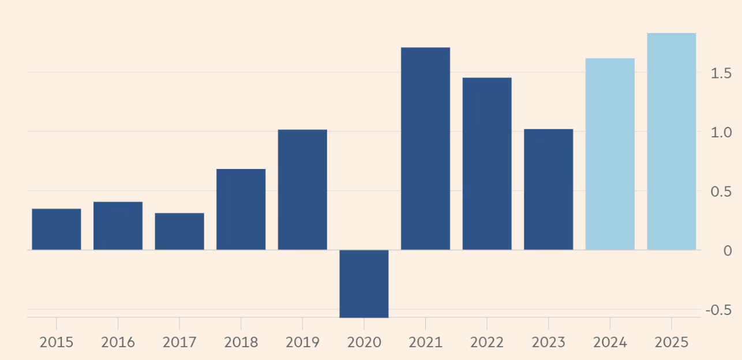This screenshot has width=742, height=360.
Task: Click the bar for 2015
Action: pyautogui.click(x=56, y=229)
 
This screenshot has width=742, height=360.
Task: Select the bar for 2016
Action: pyautogui.click(x=118, y=226)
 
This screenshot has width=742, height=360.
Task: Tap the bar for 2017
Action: pyautogui.click(x=179, y=231)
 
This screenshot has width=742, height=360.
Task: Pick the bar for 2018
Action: pyautogui.click(x=241, y=209)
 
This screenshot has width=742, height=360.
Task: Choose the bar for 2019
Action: pyautogui.click(x=302, y=189)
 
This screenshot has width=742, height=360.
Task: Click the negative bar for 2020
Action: pyautogui.click(x=363, y=283)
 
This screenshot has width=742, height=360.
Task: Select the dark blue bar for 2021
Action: pyautogui.click(x=425, y=148)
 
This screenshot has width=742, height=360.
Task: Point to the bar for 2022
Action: pyautogui.click(x=486, y=163)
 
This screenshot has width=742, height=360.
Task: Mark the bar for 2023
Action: pyautogui.click(x=548, y=189)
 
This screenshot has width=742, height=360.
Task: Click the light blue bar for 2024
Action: pyautogui.click(x=610, y=153)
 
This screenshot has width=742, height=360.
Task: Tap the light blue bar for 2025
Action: pyautogui.click(x=671, y=141)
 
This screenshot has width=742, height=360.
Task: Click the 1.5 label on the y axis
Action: pyautogui.click(x=720, y=73)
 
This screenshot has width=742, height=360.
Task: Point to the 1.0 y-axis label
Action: pyautogui.click(x=720, y=132)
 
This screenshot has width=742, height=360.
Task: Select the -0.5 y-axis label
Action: pyautogui.click(x=718, y=310)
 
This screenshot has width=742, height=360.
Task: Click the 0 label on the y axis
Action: pyautogui.click(x=727, y=251)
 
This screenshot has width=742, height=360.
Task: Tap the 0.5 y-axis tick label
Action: pyautogui.click(x=720, y=192)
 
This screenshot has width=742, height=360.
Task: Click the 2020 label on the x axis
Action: pyautogui.click(x=363, y=343)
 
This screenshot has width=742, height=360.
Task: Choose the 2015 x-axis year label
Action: pyautogui.click(x=56, y=343)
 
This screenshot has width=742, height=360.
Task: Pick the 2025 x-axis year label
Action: pyautogui.click(x=671, y=343)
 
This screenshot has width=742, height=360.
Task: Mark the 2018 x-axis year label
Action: pyautogui.click(x=241, y=343)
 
